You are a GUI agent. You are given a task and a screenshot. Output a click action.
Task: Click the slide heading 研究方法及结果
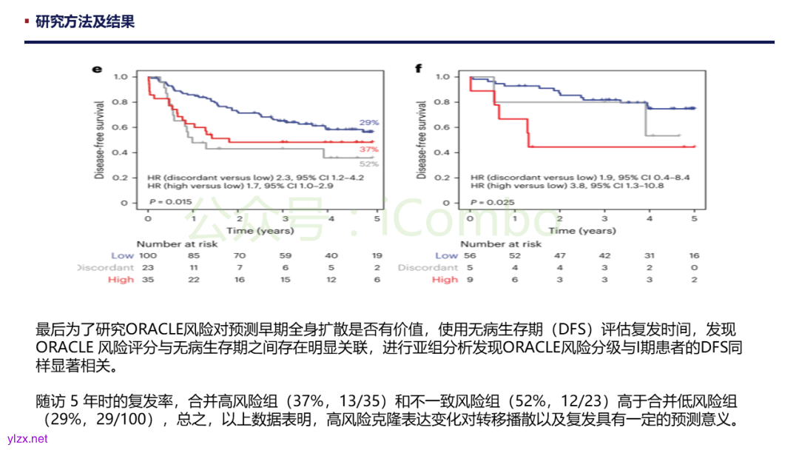(x=85, y=22)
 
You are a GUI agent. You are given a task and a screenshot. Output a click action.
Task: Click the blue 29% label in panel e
(x=368, y=122)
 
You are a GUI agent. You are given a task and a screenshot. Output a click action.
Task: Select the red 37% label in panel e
(x=368, y=150)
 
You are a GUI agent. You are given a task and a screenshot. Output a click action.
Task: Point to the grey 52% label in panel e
(x=368, y=164)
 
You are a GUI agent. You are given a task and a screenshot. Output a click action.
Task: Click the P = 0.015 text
(x=161, y=201)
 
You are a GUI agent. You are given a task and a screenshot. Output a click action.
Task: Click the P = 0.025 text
(x=484, y=201)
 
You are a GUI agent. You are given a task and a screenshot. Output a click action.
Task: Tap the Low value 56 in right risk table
(x=471, y=255)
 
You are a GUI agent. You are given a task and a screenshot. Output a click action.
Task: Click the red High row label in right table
(x=445, y=279)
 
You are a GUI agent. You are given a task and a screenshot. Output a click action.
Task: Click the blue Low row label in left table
(x=123, y=255)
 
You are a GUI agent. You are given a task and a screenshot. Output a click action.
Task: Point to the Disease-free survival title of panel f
(x=422, y=139)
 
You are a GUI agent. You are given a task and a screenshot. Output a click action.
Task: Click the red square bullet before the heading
(x=28, y=21)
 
